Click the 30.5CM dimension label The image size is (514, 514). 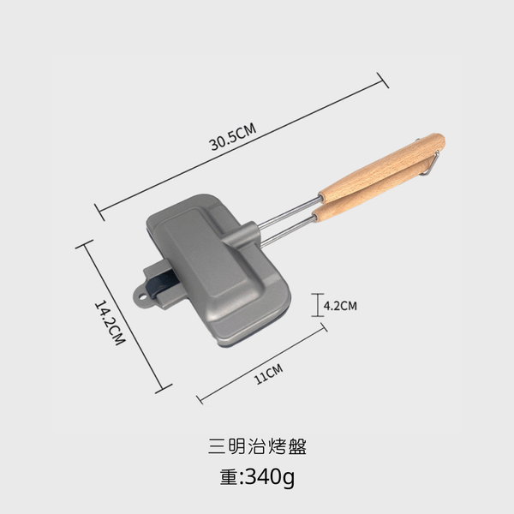point(233,137)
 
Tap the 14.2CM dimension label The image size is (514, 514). point(110,323)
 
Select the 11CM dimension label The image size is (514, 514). point(268,374)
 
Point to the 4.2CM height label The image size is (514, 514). point(340,306)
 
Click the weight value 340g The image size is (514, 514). point(270,477)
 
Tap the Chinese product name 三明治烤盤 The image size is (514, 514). point(257,446)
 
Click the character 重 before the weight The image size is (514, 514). point(229,477)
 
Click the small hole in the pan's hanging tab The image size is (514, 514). point(142,297)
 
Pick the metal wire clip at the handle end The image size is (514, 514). point(432,162)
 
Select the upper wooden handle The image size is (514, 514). point(382,168)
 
